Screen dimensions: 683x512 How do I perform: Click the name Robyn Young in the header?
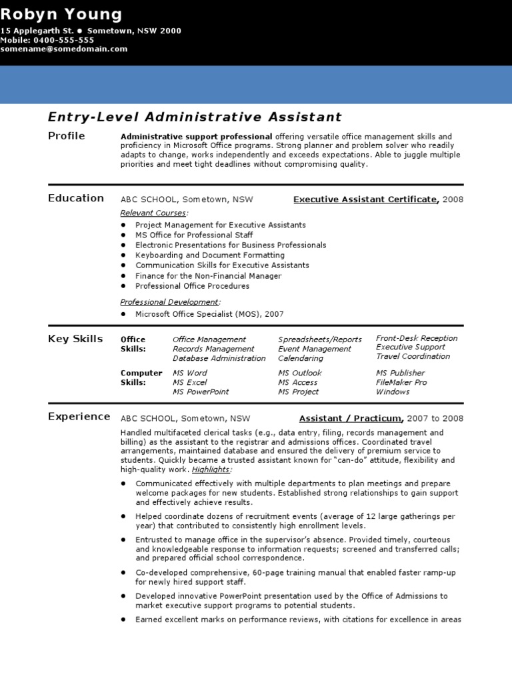(x=61, y=14)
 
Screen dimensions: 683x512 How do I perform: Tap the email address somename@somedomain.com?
(x=63, y=49)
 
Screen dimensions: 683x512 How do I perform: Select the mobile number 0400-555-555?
(x=65, y=40)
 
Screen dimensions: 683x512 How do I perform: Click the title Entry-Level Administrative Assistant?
(x=195, y=117)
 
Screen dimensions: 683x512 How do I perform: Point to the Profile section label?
(x=67, y=136)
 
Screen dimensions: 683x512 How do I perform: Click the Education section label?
(x=76, y=198)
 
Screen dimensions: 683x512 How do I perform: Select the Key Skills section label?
(x=75, y=339)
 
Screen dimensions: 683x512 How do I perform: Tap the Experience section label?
(x=79, y=417)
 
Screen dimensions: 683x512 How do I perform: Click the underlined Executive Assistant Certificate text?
(x=365, y=199)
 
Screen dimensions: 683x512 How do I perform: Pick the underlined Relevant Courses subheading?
(x=153, y=213)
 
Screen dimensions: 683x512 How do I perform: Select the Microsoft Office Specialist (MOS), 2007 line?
(x=209, y=314)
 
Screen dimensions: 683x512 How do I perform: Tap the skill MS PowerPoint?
(x=201, y=392)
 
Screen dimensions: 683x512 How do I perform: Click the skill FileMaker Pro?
(x=401, y=383)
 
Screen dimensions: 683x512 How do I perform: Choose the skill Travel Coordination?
(x=413, y=356)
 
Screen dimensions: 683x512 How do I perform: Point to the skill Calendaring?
(x=300, y=358)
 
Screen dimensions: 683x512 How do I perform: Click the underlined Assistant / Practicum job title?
(x=351, y=419)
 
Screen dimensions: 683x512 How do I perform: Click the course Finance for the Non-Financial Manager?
(x=208, y=276)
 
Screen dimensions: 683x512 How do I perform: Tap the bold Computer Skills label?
(x=141, y=378)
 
